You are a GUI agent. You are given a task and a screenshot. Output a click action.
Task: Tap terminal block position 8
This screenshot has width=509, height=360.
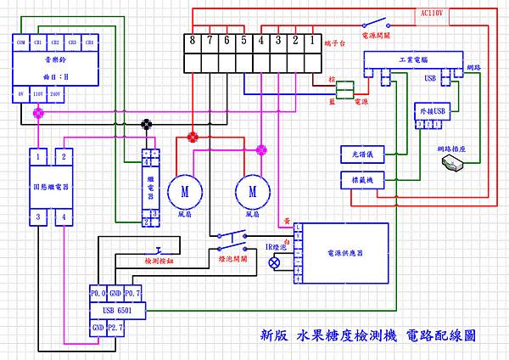coord(193,40)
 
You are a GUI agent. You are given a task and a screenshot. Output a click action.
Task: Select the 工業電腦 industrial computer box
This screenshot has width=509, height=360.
coord(411,62)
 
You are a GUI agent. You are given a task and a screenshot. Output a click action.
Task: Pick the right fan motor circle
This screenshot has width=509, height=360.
coord(251,192)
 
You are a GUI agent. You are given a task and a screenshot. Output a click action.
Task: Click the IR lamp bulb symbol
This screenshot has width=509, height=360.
coord(274,263)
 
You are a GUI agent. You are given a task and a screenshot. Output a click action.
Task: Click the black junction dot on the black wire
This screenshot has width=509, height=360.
coord(147,124)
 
